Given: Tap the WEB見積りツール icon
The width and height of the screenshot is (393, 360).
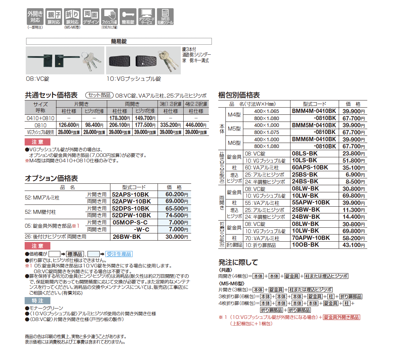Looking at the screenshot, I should (x=165, y=16).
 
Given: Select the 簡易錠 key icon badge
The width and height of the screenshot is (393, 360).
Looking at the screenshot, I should (x=128, y=16).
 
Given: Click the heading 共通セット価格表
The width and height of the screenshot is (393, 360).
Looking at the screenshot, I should (x=51, y=95).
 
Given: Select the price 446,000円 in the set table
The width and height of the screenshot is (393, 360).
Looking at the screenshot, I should (x=196, y=125).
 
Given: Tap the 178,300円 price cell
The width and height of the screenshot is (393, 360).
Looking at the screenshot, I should (x=120, y=118).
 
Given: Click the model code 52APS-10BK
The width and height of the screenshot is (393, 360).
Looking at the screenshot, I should (x=131, y=194).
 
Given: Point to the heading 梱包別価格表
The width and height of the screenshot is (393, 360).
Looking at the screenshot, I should (x=239, y=95).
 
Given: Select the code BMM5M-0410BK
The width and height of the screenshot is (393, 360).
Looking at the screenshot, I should (x=314, y=125).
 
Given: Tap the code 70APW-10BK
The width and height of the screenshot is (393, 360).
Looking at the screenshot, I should (x=311, y=238).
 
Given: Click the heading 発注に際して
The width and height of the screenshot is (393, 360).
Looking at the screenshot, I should (x=238, y=262).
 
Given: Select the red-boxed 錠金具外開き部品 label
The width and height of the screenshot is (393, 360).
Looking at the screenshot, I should (x=342, y=317).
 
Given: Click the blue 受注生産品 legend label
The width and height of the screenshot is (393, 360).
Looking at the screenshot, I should (x=120, y=254).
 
